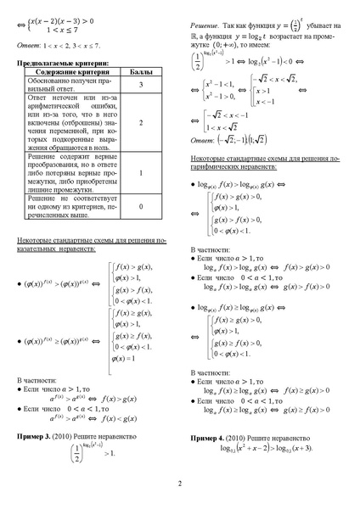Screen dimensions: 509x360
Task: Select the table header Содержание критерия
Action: [x=72, y=73]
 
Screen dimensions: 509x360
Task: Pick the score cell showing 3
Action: [x=140, y=86]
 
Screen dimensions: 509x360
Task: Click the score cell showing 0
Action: [x=140, y=206]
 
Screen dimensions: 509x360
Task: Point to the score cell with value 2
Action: [x=140, y=123]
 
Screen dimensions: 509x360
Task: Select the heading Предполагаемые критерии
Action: [x=64, y=64]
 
